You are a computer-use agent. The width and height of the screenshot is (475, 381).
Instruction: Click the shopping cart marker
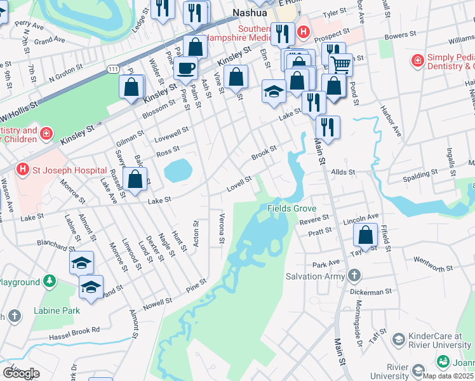(341, 63)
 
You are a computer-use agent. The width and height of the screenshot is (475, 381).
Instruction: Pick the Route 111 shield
(113, 68)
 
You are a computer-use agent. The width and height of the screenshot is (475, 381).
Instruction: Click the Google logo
(21, 373)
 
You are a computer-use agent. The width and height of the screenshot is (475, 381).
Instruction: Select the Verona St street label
(222, 228)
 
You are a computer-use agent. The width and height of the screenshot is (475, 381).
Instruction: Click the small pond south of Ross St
(178, 170)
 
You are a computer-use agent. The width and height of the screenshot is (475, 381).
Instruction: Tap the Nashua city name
(251, 13)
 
